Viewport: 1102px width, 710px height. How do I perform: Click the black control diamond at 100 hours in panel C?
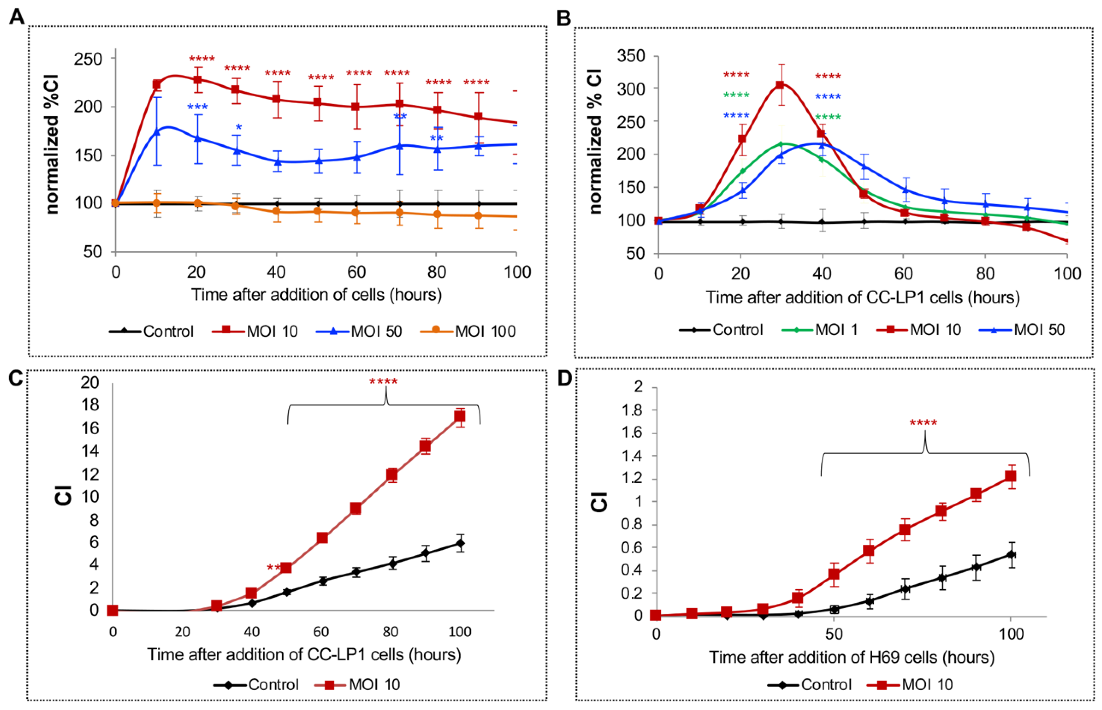[x=460, y=543]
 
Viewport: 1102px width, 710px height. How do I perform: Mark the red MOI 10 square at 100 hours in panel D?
[x=1010, y=476]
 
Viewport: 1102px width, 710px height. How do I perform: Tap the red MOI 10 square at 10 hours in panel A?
[x=157, y=84]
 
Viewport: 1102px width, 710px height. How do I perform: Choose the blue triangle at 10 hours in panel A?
[x=157, y=132]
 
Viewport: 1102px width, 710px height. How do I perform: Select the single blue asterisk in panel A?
[x=238, y=127]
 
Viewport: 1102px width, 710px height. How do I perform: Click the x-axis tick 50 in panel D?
[x=833, y=634]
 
